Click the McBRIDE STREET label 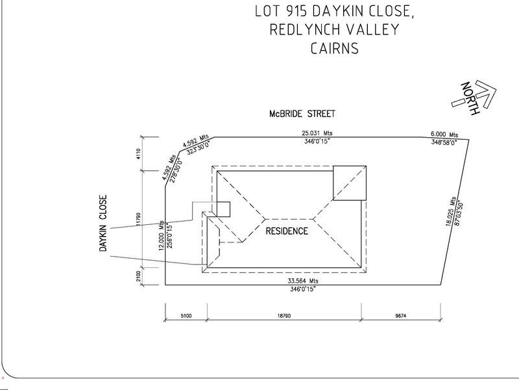(302, 114)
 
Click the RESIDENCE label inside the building (285, 231)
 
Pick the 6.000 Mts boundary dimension (445, 133)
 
